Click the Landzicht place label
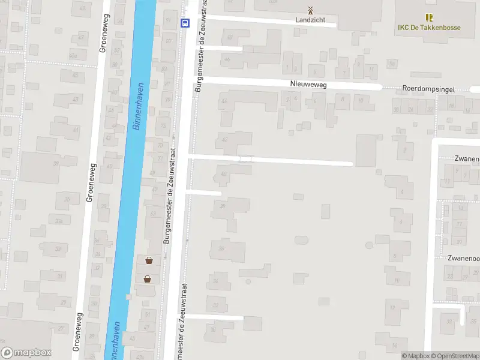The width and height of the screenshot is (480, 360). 310,20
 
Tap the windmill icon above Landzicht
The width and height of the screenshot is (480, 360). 310,10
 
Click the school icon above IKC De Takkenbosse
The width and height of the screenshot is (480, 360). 429,17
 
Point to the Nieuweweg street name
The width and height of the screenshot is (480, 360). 308,85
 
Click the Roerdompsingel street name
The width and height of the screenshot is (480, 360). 429,89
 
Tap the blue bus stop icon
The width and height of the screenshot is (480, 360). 184,23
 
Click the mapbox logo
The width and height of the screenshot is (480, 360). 26,353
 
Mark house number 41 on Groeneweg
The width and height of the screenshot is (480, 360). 76,130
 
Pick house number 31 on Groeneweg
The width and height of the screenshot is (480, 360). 59,277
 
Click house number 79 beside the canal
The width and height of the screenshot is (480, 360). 167,100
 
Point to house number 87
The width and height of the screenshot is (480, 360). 169,41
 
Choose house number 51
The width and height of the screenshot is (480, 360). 148,314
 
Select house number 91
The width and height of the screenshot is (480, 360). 167,19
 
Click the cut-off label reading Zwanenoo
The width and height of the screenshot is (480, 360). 463,258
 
